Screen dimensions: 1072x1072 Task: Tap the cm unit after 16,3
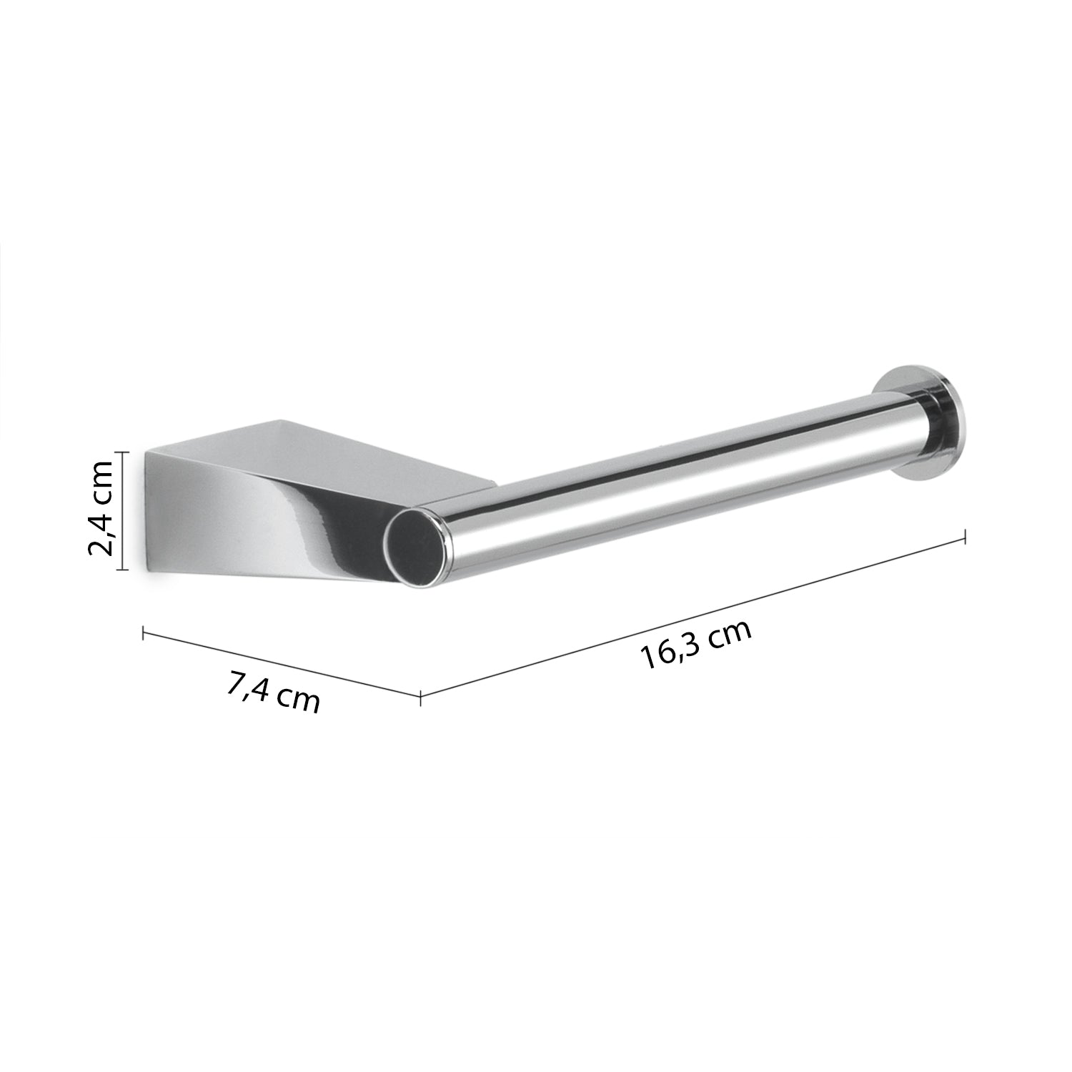730,632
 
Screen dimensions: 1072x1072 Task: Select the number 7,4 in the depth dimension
247,688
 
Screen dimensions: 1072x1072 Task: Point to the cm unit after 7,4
297,700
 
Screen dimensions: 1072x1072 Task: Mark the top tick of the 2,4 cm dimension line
123,452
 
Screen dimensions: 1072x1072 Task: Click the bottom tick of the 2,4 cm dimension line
123,570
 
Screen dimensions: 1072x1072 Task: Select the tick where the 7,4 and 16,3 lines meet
420,694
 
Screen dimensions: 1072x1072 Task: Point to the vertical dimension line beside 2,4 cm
123,511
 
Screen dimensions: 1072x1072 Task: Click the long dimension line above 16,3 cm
693,615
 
